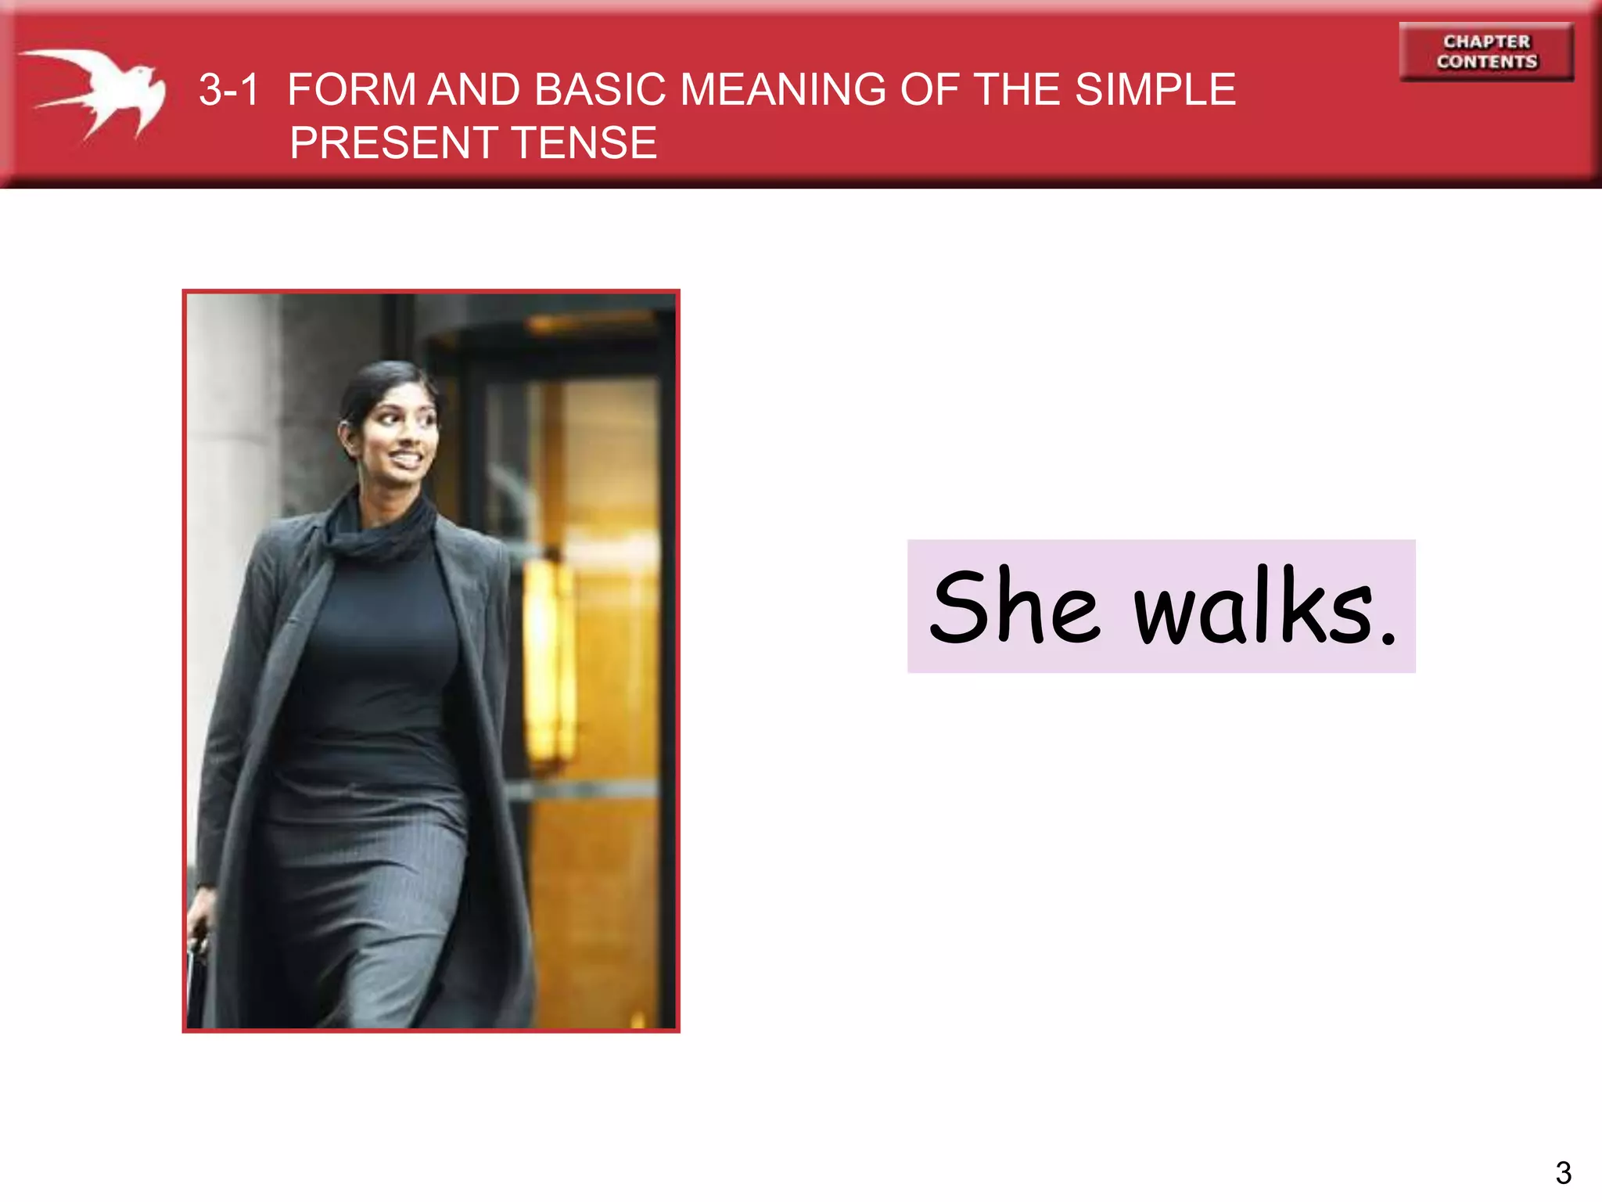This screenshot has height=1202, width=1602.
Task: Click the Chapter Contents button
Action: pos(1486,52)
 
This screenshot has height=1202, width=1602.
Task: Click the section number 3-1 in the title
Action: pos(228,90)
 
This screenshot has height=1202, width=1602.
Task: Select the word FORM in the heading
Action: pos(351,90)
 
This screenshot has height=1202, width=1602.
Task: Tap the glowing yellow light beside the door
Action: pos(548,665)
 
